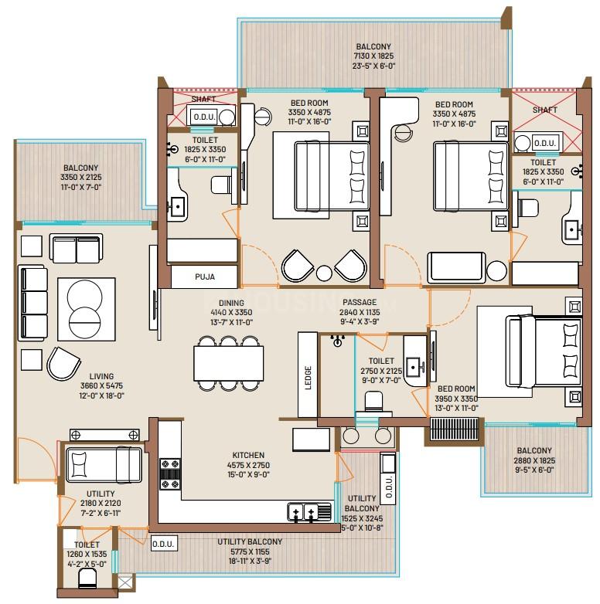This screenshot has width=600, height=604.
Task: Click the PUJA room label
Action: click(x=205, y=277)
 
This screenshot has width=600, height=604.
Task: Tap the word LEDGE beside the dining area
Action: click(x=308, y=378)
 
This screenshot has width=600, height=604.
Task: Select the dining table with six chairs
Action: click(x=229, y=364)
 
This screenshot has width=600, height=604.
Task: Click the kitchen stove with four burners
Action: click(x=170, y=474)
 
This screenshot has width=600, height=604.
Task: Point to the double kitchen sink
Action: click(x=309, y=512)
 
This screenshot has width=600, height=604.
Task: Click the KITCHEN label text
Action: click(x=248, y=455)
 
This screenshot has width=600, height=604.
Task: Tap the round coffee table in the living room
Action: click(x=84, y=309)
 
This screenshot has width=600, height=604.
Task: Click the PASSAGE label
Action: click(x=360, y=302)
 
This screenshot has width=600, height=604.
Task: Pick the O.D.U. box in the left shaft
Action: click(x=204, y=117)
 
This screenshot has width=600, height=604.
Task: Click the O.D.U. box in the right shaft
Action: click(x=544, y=144)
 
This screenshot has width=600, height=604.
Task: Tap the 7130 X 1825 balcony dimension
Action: click(x=373, y=56)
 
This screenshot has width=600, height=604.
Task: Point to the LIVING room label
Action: click(x=101, y=376)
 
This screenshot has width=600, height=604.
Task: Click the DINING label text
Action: click(x=231, y=303)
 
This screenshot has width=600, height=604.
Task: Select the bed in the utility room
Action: click(x=104, y=464)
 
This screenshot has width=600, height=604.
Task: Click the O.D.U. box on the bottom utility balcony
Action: click(x=163, y=544)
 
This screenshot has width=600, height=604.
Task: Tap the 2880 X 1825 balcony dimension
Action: click(x=534, y=460)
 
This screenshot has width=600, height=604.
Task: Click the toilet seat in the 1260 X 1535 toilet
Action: click(x=87, y=579)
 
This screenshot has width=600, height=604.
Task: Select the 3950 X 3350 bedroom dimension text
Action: click(x=456, y=399)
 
